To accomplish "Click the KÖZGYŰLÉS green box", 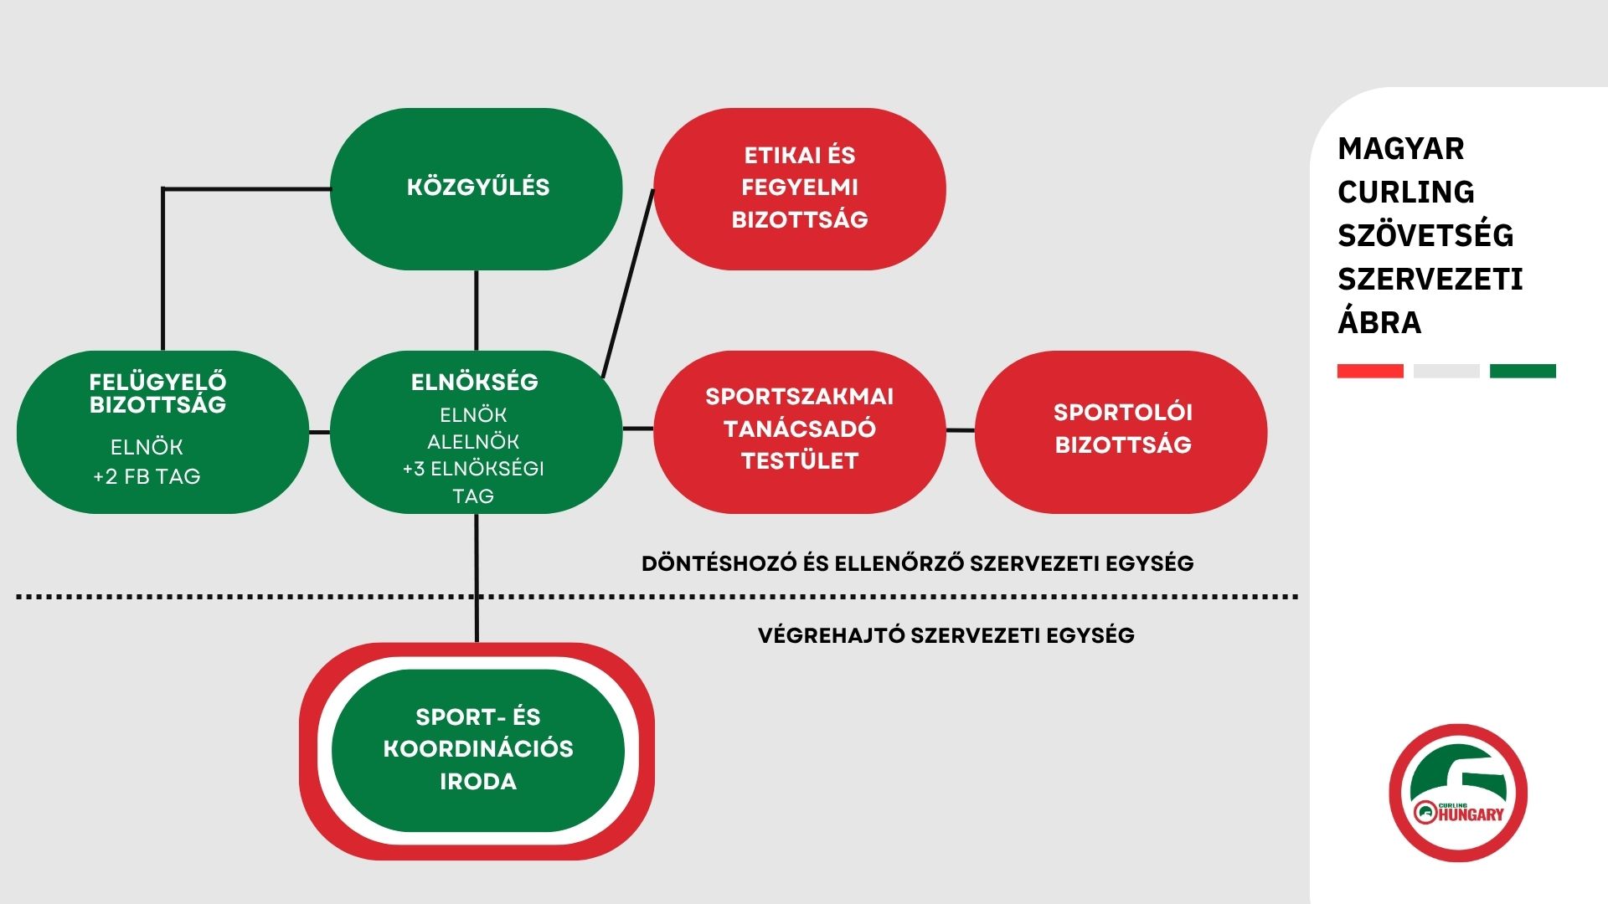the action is (477, 188).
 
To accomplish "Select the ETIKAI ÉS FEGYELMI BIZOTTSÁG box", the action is (800, 188).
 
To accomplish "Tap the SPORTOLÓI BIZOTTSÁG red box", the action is (1121, 432).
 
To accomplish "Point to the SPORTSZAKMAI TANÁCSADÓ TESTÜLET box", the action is (800, 432).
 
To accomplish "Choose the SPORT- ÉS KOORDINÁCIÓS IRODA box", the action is (477, 750).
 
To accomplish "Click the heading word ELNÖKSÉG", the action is (474, 383).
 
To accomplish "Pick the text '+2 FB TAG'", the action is (147, 476).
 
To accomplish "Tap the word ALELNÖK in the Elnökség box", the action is (473, 442).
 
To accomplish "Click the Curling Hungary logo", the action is (1458, 793).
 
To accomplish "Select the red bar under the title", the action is (1370, 371).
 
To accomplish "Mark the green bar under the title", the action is (1523, 371).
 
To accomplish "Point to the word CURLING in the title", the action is (1405, 192).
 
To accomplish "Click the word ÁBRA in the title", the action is (1379, 322).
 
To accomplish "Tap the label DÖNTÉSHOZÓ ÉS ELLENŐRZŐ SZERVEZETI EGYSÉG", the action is (917, 563).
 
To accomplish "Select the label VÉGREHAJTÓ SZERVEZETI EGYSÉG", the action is (946, 635).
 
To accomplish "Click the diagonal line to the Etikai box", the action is (628, 284).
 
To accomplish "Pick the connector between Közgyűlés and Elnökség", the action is (477, 311).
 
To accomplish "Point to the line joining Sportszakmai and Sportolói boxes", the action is (961, 430).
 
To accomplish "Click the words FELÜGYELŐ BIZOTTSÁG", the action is (157, 393).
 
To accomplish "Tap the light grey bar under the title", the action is (1446, 371).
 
